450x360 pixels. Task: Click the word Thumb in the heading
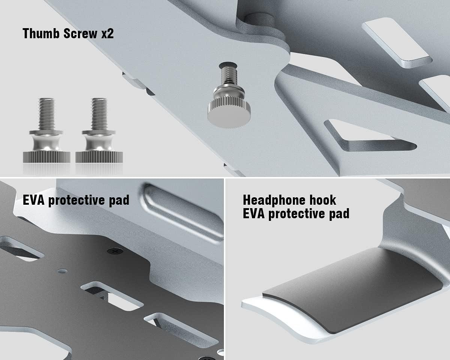[x=41, y=33]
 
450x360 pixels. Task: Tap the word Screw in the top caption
[x=81, y=33]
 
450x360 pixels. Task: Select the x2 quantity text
[x=108, y=33]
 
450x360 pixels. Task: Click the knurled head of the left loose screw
[x=46, y=157]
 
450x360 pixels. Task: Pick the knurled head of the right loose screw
[x=99, y=157]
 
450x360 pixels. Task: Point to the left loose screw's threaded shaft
[x=46, y=114]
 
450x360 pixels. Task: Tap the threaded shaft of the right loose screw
[x=99, y=114]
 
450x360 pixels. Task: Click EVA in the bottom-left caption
[x=33, y=200]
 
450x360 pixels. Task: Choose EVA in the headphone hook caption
[x=253, y=214]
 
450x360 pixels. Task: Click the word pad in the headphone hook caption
[x=339, y=214]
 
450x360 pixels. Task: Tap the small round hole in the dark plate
[x=62, y=271]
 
